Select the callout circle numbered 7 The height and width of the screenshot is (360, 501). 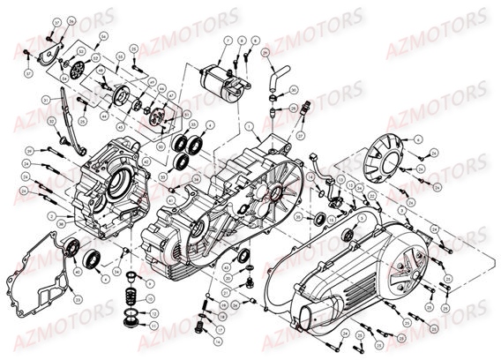[x=227, y=41]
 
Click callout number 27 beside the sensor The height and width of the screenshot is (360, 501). [x=299, y=137]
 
